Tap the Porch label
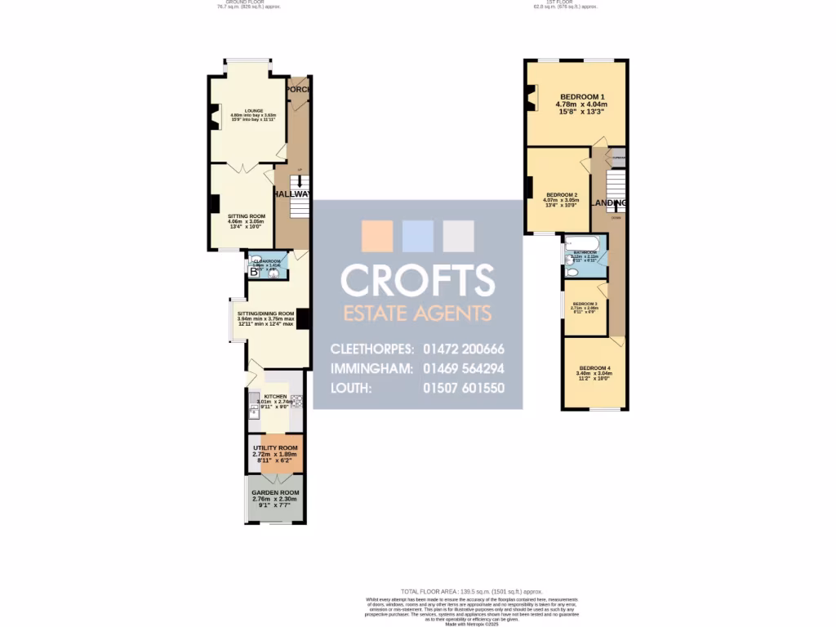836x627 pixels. coord(298,89)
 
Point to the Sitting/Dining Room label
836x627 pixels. coord(265,313)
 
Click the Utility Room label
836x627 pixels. coord(275,448)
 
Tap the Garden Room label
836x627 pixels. coord(275,493)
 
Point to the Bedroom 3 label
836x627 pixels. coord(585,304)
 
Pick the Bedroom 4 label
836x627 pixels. coord(594,367)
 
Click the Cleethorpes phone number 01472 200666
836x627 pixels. coord(462,349)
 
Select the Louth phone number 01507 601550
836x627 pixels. coord(462,388)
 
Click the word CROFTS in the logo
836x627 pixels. coord(417,280)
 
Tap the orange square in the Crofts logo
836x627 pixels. coord(377,236)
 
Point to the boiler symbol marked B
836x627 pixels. coord(254,273)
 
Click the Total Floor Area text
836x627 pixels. coord(471,591)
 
